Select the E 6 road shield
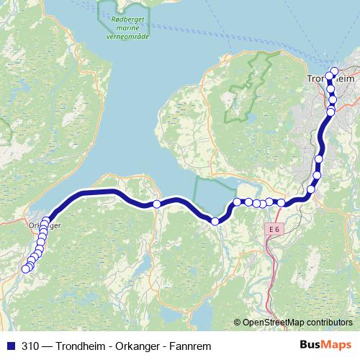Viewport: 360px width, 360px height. pos(273,229)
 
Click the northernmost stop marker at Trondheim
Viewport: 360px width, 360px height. pos(333,71)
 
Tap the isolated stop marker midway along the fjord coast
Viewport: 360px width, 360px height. pos(157,204)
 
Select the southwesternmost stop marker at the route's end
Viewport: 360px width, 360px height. pos(25,269)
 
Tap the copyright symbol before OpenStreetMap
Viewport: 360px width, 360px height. pos(237,323)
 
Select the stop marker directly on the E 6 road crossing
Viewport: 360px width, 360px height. pos(282,202)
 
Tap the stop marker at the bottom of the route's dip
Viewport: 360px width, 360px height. pos(215,221)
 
